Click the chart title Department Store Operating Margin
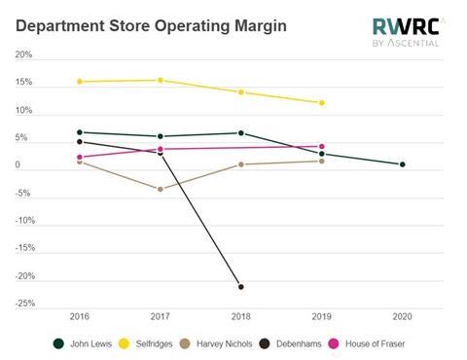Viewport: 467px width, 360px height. point(151,23)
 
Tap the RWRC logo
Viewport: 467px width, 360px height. point(406,31)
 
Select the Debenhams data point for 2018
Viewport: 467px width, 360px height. point(241,287)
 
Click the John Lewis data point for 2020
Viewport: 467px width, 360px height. point(402,164)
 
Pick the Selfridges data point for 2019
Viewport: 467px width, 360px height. point(322,103)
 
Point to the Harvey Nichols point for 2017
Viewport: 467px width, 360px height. point(161,189)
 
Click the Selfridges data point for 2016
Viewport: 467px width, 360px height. point(80,82)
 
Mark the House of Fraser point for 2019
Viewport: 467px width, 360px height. point(322,146)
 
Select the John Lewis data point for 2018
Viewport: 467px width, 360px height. point(241,133)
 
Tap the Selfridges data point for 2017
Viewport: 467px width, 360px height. point(161,80)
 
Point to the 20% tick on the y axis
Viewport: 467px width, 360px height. point(24,55)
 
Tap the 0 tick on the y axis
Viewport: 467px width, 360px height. point(18,166)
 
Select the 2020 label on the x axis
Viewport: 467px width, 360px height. point(402,317)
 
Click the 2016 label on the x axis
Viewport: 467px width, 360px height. point(80,317)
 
